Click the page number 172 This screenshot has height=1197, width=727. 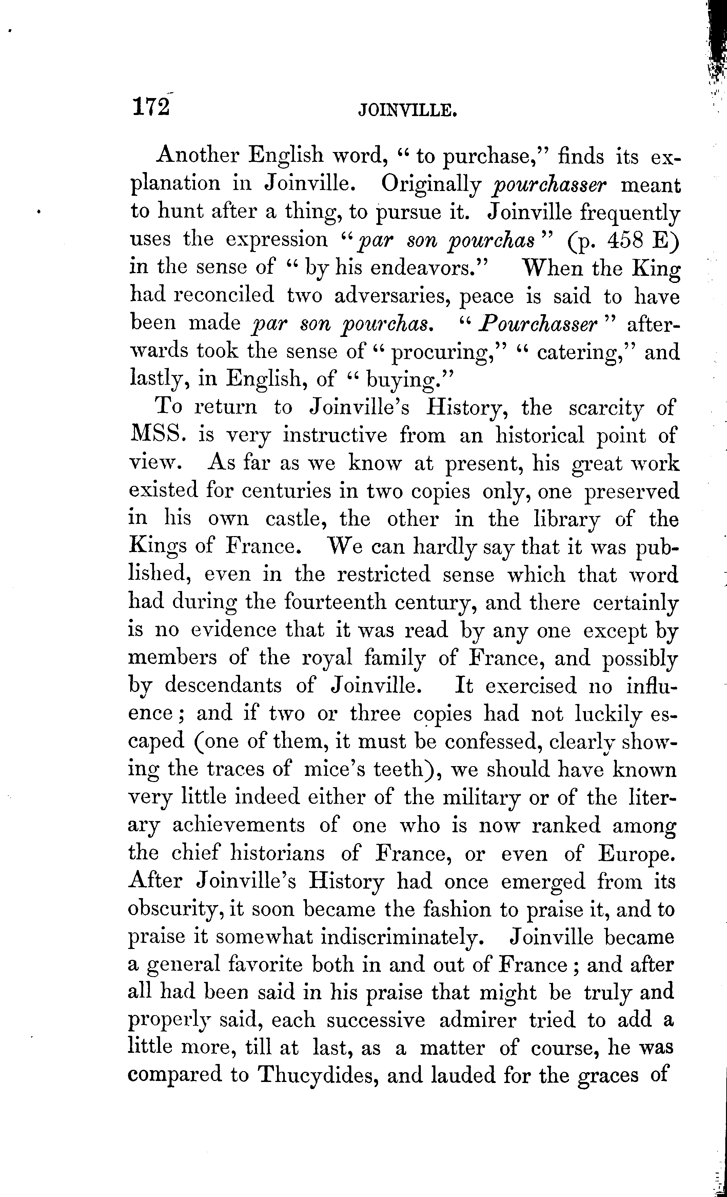point(151,107)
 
